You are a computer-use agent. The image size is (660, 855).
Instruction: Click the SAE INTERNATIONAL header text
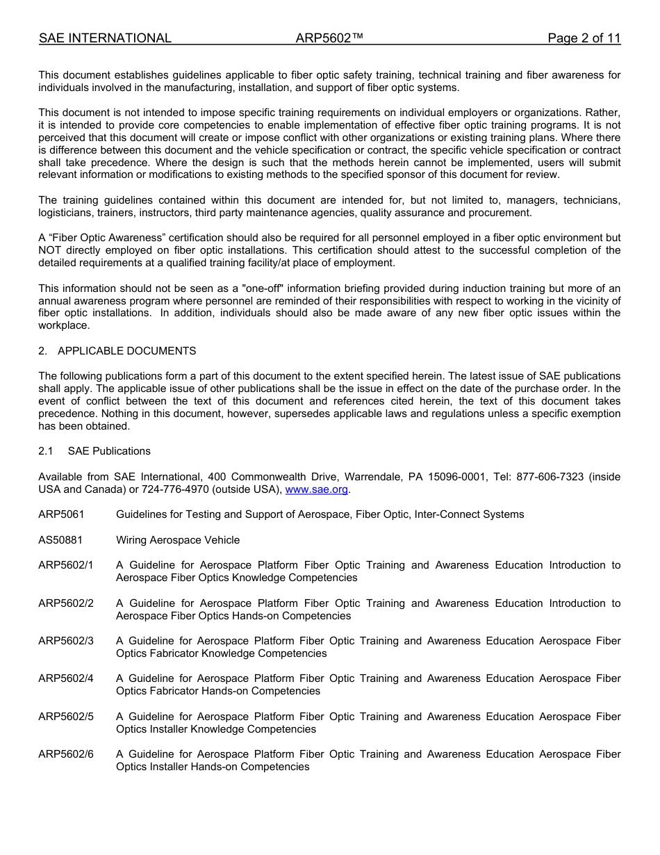coord(105,38)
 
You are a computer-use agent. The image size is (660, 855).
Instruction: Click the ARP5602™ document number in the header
coord(329,38)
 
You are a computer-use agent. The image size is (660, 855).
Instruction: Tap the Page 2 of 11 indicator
coord(584,38)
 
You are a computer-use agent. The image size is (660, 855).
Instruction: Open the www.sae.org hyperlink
coord(317,489)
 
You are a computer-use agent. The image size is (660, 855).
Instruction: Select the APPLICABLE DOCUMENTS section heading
coord(127,351)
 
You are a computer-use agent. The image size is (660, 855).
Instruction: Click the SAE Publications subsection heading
coord(109,451)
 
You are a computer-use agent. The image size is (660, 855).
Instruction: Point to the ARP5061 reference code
coord(61,514)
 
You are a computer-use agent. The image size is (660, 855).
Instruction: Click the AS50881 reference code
coord(60,540)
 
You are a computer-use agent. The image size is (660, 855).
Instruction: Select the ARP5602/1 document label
coord(66,565)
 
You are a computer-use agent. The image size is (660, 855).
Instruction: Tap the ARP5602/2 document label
coord(66,603)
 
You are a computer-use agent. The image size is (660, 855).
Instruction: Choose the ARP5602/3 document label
coord(66,641)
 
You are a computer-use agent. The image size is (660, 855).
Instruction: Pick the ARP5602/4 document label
coord(66,678)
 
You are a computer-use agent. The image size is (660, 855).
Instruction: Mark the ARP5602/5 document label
coord(66,717)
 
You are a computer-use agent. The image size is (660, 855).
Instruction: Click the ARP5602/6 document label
coord(66,754)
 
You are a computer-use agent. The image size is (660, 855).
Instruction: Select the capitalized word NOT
coord(51,250)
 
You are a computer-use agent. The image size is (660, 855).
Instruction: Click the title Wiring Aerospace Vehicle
coord(178,540)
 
